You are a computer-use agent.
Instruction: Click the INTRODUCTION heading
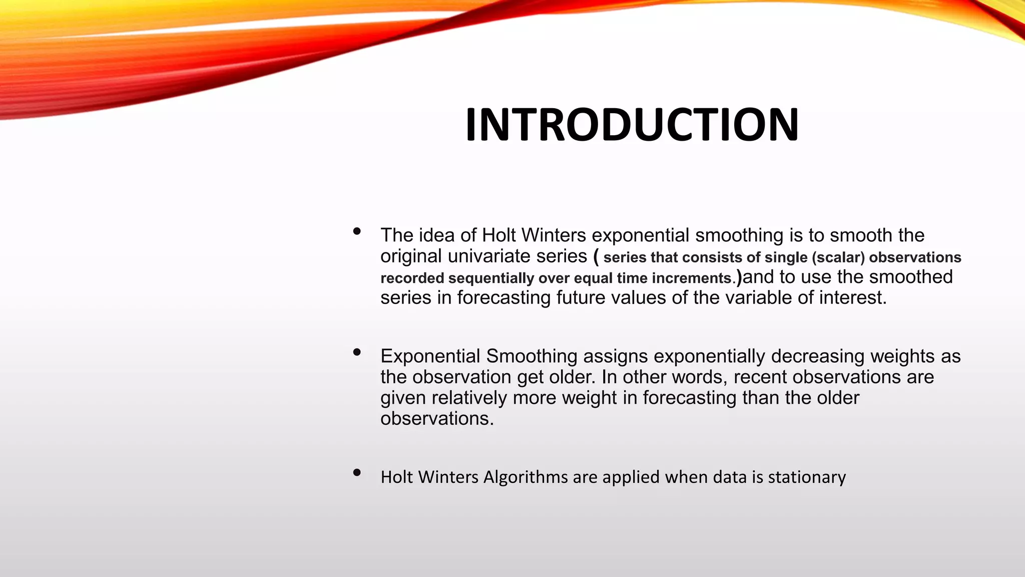click(632, 125)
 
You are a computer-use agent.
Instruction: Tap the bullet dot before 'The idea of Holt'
click(357, 231)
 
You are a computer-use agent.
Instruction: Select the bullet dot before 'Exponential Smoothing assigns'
click(357, 353)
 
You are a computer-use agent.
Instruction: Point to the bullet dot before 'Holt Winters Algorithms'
click(357, 473)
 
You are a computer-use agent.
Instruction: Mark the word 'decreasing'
click(818, 357)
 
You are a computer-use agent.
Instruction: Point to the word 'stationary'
click(807, 477)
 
